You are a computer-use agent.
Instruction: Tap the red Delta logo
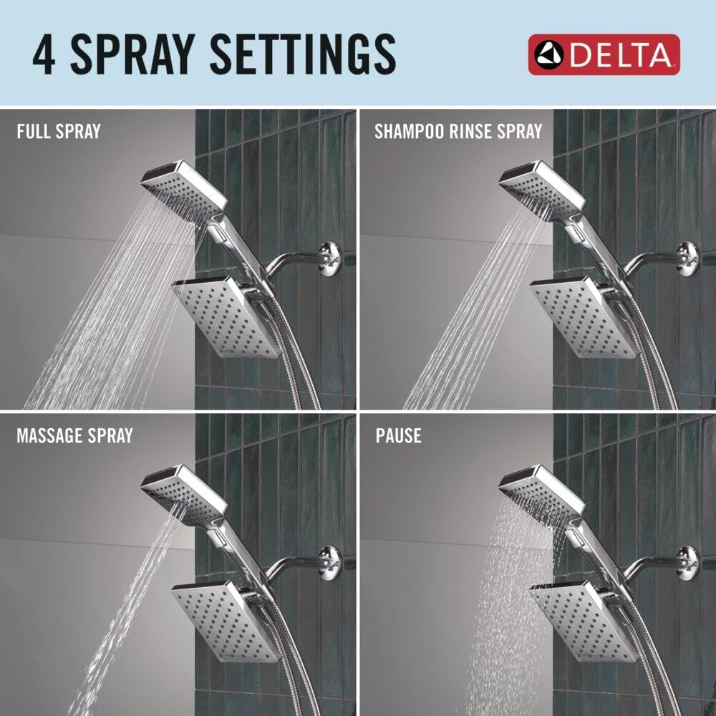(604, 54)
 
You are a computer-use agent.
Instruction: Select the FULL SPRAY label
(59, 132)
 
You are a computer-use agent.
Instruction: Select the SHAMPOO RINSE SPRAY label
(458, 132)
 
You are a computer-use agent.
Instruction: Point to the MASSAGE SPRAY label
(74, 435)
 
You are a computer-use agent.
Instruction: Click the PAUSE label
(398, 435)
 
